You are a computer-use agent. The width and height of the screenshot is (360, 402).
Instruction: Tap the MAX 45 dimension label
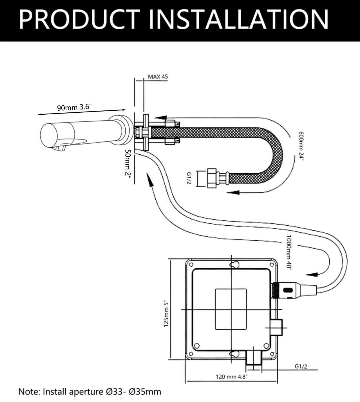[158, 77]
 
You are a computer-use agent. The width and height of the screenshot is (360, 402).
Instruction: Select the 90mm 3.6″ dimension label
[75, 107]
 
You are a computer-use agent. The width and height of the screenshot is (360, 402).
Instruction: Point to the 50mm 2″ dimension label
[128, 166]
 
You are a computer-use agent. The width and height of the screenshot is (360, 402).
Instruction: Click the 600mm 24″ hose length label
[301, 146]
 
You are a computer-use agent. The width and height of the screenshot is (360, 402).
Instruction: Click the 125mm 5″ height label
[166, 313]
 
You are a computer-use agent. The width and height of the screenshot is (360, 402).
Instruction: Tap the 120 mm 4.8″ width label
[232, 377]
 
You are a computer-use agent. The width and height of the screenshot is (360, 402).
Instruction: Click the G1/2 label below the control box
[301, 366]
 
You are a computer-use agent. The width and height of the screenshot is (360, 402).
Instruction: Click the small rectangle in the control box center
[231, 309]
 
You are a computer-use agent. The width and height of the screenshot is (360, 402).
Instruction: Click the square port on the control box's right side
[276, 327]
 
